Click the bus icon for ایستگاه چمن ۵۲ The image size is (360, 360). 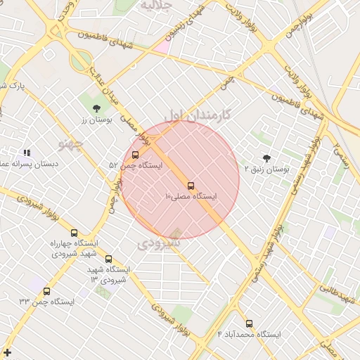coord(135,155)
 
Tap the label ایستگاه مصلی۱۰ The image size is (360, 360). coord(191,196)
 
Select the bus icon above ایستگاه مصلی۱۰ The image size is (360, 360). coord(191,186)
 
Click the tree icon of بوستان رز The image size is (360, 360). coord(96,108)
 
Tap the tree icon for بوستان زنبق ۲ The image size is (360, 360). coord(266,158)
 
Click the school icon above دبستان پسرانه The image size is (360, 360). coord(27,153)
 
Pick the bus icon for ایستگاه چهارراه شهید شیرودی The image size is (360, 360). coord(74,233)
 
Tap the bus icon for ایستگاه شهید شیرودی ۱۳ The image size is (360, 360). coord(108,259)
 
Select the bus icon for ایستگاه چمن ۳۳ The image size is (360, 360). coord(46,291)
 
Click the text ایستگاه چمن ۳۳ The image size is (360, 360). coord(46,302)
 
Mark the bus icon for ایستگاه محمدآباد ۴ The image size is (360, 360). coord(249,324)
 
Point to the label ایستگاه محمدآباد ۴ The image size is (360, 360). coord(249,335)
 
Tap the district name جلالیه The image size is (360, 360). coord(155,6)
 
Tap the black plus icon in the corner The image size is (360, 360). coord(7,352)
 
